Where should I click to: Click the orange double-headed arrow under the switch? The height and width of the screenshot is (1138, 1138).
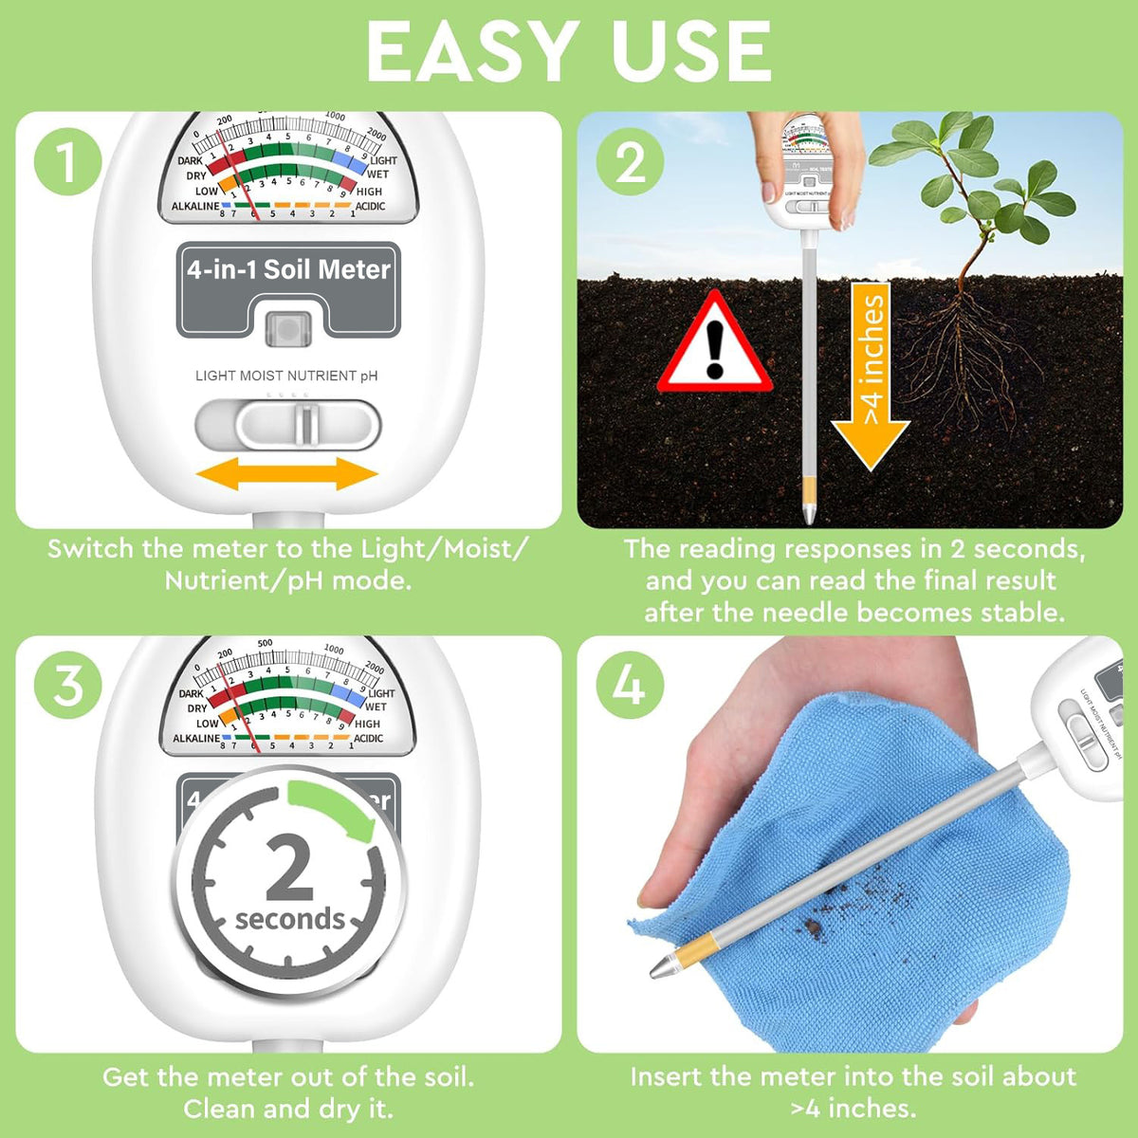(286, 474)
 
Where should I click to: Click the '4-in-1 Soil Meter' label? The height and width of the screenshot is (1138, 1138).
(288, 270)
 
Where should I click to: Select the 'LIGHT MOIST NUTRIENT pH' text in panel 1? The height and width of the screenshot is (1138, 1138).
(286, 376)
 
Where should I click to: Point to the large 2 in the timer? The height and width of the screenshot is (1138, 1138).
(288, 868)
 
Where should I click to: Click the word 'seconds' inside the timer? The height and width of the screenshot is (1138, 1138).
(290, 919)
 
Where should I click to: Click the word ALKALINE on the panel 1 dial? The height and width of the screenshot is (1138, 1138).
(194, 207)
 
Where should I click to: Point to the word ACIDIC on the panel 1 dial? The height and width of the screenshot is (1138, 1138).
(370, 207)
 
